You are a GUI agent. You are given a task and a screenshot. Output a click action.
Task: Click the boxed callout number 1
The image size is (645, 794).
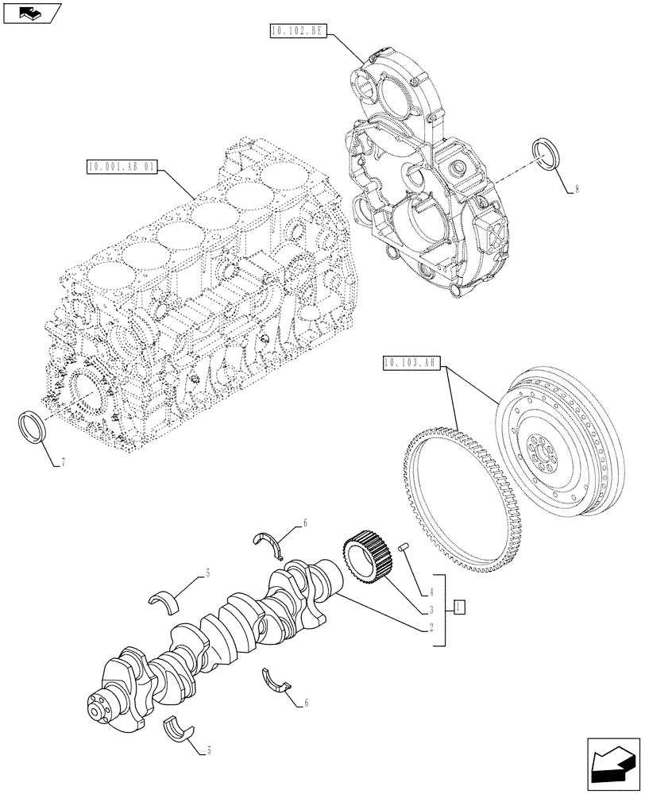(459, 608)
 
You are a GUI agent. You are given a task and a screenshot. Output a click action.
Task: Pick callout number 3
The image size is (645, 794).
(431, 609)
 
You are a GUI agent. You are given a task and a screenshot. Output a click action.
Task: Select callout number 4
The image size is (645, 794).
(431, 591)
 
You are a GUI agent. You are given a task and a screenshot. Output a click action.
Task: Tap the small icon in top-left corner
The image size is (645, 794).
(31, 12)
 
